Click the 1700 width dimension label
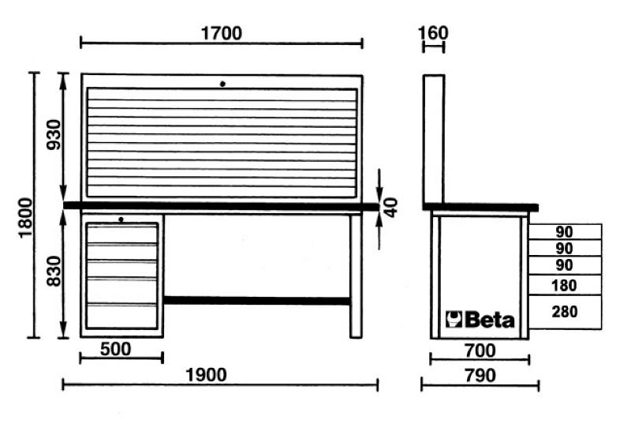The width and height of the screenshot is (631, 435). pos(222,33)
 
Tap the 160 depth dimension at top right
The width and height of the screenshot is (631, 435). pos(433,32)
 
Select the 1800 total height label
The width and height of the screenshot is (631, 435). pos(26,218)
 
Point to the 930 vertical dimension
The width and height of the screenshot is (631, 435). pos(54,135)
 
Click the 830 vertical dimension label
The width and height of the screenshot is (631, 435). pos(54,271)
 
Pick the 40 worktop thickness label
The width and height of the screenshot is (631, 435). pos(390,208)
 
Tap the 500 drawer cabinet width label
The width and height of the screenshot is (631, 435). pos(115,349)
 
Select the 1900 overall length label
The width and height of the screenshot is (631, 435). pos(206,375)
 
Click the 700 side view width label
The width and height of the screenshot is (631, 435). pos(480,351)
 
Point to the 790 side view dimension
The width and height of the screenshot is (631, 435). pos(480,375)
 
